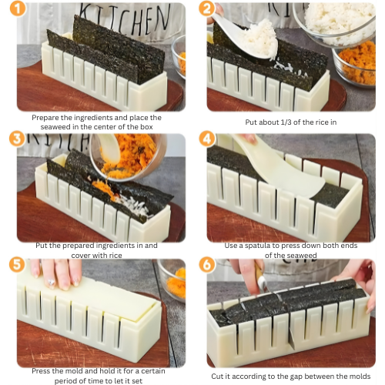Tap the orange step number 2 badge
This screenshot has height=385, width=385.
point(206,9)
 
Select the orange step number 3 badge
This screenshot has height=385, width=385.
point(14,139)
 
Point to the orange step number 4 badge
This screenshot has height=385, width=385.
point(206,139)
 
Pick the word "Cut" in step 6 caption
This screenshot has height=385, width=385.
point(220,376)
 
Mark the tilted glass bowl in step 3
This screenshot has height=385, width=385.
point(123,154)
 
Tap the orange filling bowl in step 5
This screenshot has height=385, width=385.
point(176,281)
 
